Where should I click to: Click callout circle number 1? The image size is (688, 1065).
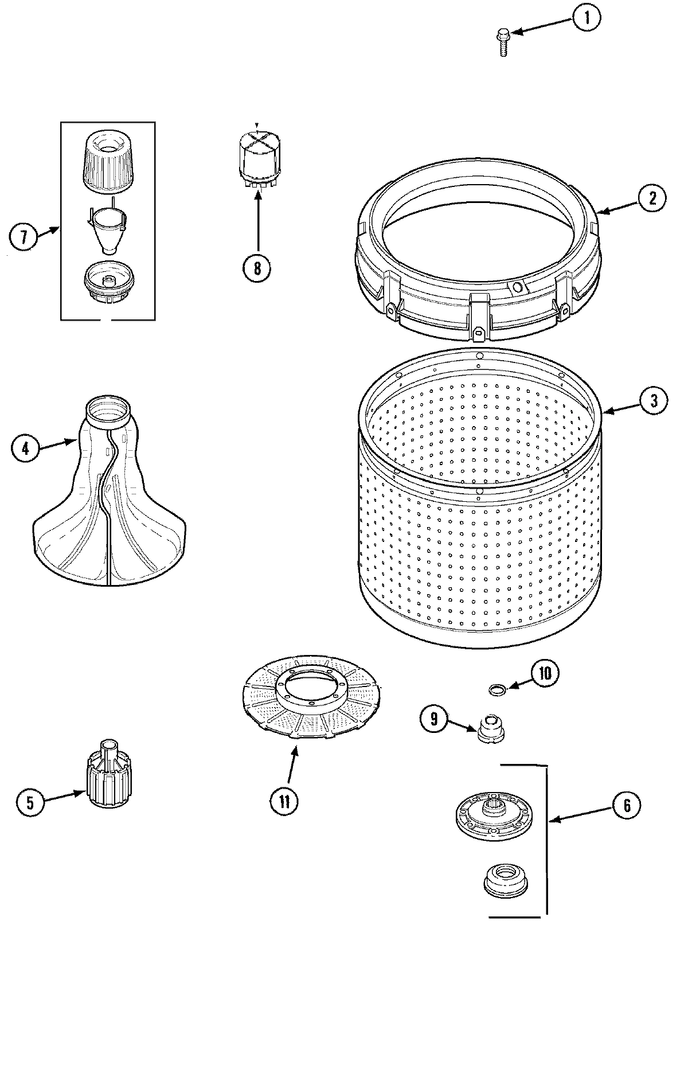(x=585, y=18)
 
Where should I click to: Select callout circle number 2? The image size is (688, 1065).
(x=652, y=198)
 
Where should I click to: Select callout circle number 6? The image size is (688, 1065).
(x=626, y=806)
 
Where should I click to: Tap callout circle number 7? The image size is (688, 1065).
(x=24, y=237)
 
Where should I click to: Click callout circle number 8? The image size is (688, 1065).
(x=257, y=267)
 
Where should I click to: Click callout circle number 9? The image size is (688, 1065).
(x=434, y=719)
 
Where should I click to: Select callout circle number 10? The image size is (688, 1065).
(x=545, y=673)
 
